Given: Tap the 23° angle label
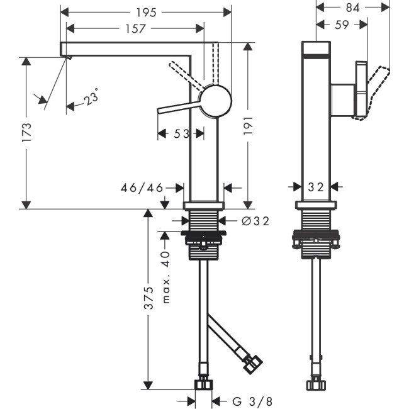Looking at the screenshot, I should click(x=92, y=98).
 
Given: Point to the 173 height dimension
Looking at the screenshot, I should click(x=26, y=134).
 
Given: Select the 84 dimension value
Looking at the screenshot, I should click(x=352, y=8).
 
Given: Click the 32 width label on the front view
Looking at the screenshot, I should click(x=317, y=187).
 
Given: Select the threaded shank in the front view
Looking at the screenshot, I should click(x=203, y=223).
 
